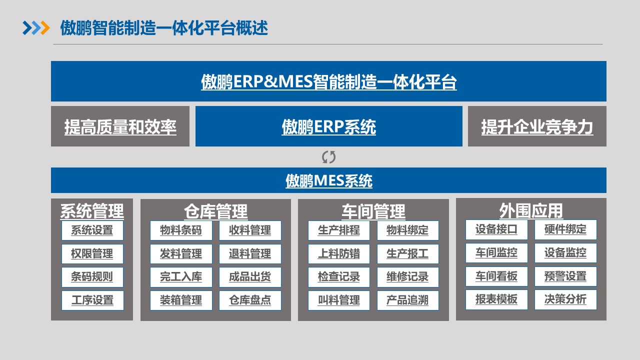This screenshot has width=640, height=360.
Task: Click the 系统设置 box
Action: tap(92, 230)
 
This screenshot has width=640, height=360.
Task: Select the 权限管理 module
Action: tap(92, 254)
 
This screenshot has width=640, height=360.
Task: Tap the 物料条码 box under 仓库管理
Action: tap(181, 230)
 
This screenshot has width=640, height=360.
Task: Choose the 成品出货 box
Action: tap(250, 277)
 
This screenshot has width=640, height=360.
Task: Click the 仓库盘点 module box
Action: tap(250, 300)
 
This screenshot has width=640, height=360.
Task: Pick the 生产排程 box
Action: tap(339, 230)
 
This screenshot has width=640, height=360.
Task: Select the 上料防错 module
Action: tap(339, 254)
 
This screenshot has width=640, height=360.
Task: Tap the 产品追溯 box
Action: tap(407, 300)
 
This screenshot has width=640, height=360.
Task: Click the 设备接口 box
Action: tap(496, 229)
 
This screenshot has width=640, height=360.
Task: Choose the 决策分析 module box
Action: tap(565, 299)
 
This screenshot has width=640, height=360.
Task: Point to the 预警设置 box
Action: tap(565, 276)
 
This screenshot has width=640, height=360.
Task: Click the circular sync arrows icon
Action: tap(328, 157)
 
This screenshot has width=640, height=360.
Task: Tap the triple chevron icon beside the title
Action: tap(36, 28)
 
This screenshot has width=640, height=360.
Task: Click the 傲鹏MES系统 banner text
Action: tap(328, 180)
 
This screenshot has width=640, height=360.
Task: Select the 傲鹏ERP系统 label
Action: tap(328, 127)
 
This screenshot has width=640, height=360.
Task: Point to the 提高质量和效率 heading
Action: tap(120, 127)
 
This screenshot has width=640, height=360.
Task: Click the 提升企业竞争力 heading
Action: tap(537, 127)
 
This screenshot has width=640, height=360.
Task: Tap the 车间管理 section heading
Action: tap(373, 211)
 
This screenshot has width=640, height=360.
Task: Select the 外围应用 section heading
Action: tap(531, 210)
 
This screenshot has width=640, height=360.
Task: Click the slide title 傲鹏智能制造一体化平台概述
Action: tap(164, 28)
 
